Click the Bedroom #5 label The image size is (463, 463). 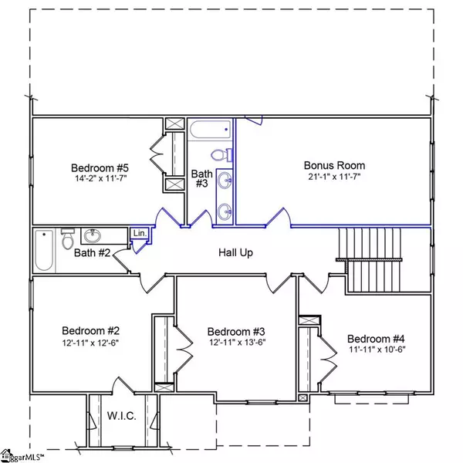[100, 168]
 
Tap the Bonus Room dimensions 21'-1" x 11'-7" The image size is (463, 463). [334, 177]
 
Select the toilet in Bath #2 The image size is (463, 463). [68, 238]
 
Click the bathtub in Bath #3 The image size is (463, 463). [210, 130]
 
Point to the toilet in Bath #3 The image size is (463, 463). [221, 155]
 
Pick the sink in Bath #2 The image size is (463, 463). [93, 235]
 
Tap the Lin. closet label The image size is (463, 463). [140, 233]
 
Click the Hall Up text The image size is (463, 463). [235, 253]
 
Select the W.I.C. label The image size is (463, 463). [122, 416]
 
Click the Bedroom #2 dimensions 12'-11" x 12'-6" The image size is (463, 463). [90, 343]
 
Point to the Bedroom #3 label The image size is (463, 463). [236, 332]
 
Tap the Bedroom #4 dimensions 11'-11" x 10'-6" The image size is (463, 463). [377, 350]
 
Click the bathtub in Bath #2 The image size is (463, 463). [44, 250]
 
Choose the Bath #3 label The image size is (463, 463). [202, 178]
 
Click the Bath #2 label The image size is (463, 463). [92, 253]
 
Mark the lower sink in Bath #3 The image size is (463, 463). [225, 211]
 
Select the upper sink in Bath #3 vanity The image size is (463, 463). [225, 180]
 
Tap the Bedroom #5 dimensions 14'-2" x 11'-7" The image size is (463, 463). [100, 178]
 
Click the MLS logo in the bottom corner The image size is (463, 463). [22, 456]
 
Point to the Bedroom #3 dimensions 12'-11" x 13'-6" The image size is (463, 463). [238, 342]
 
